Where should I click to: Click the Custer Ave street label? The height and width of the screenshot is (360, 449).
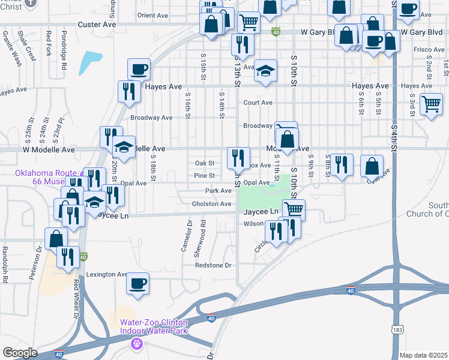pyautogui.click(x=95, y=25)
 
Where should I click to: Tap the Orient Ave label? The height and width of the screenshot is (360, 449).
pyautogui.click(x=152, y=15)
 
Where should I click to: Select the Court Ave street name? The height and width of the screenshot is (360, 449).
pyautogui.click(x=258, y=103)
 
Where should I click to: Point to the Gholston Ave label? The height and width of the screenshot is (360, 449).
pyautogui.click(x=211, y=204)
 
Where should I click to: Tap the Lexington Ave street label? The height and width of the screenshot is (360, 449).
pyautogui.click(x=106, y=274)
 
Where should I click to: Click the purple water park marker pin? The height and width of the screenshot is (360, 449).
pyautogui.click(x=137, y=344)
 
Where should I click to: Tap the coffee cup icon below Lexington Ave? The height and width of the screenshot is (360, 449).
pyautogui.click(x=138, y=283)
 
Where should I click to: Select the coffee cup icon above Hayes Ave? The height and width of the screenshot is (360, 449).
pyautogui.click(x=139, y=69)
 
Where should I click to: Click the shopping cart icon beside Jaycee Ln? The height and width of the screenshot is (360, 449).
pyautogui.click(x=294, y=209)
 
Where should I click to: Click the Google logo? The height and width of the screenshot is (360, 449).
pyautogui.click(x=20, y=353)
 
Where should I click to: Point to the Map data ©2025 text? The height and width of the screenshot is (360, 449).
pyautogui.click(x=423, y=355)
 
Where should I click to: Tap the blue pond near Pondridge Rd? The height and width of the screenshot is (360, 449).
pyautogui.click(x=91, y=61)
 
